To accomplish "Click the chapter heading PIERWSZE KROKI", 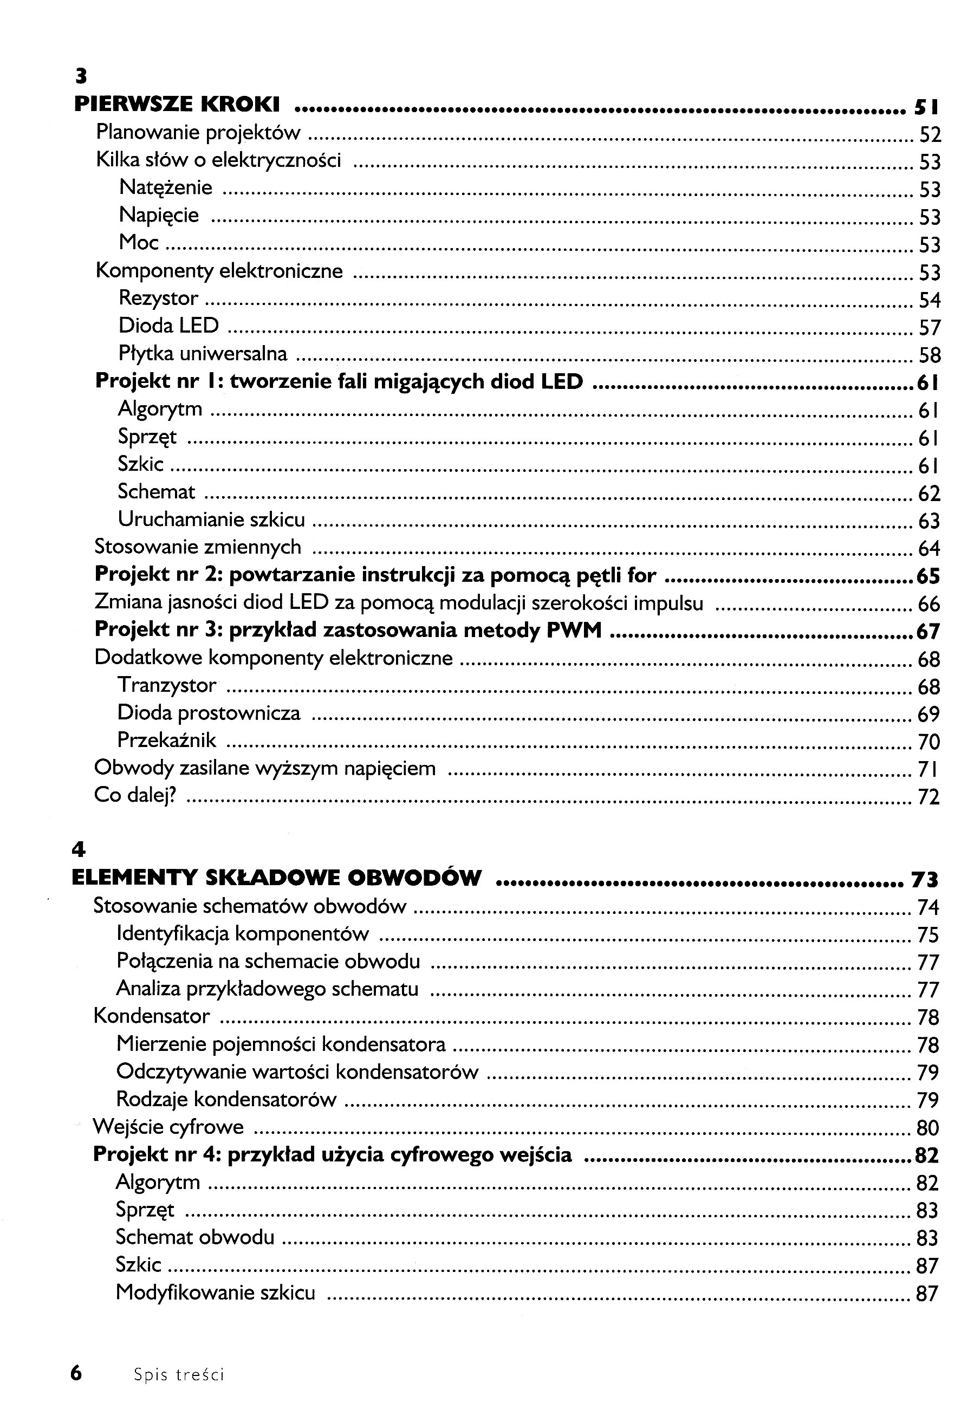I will coord(177,105).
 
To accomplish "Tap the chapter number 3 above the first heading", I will coord(81,77).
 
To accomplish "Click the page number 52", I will coord(930,134).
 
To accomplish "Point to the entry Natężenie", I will coord(165,187).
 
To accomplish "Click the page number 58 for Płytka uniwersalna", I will coord(930,355).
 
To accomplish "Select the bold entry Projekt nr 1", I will coord(339,381).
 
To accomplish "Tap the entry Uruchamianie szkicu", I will coord(211,520).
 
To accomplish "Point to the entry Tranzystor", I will coord(167,685).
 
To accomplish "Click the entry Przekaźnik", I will coord(167,740).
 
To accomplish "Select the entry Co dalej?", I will coord(135,796).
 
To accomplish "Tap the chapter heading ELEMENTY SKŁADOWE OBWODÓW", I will coord(276,878).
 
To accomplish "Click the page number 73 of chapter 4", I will coord(925,879).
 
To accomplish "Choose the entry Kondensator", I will coord(151,1016).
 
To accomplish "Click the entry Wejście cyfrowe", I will coord(168,1126).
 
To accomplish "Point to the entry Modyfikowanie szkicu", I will coord(216,1292).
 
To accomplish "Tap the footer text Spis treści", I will coord(179,1374).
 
